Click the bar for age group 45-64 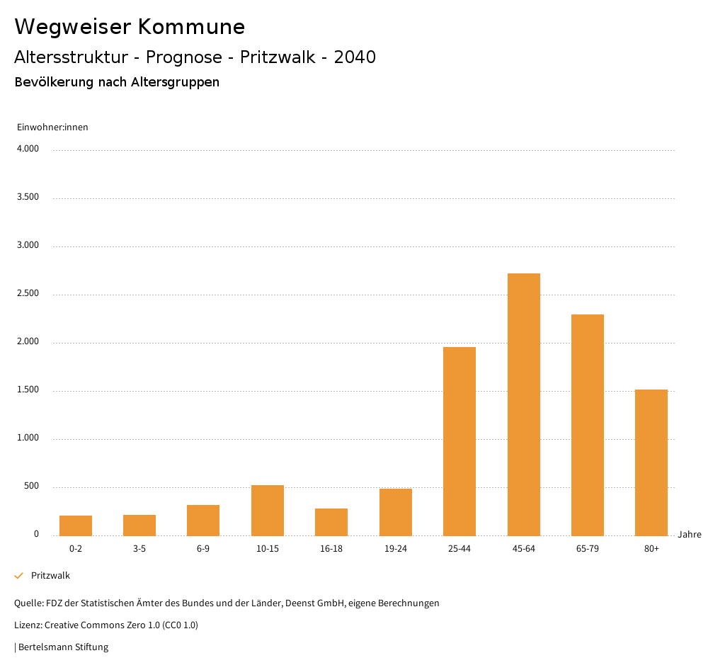click(x=523, y=404)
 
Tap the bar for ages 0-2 click(x=76, y=525)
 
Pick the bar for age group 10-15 click(x=268, y=510)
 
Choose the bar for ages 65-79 click(x=588, y=424)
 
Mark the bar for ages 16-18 click(x=331, y=521)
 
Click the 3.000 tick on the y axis click(x=28, y=246)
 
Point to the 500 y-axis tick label click(x=32, y=487)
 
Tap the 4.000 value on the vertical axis click(x=28, y=149)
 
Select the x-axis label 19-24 click(x=396, y=549)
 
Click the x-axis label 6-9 click(x=203, y=549)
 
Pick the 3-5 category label click(x=139, y=549)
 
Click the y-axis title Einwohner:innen click(x=52, y=127)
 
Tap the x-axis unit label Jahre click(x=690, y=535)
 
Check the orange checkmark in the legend click(x=19, y=576)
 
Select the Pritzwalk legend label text click(x=50, y=576)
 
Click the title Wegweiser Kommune click(x=130, y=27)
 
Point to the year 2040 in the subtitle click(x=355, y=57)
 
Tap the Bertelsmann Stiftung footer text click(x=63, y=647)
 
